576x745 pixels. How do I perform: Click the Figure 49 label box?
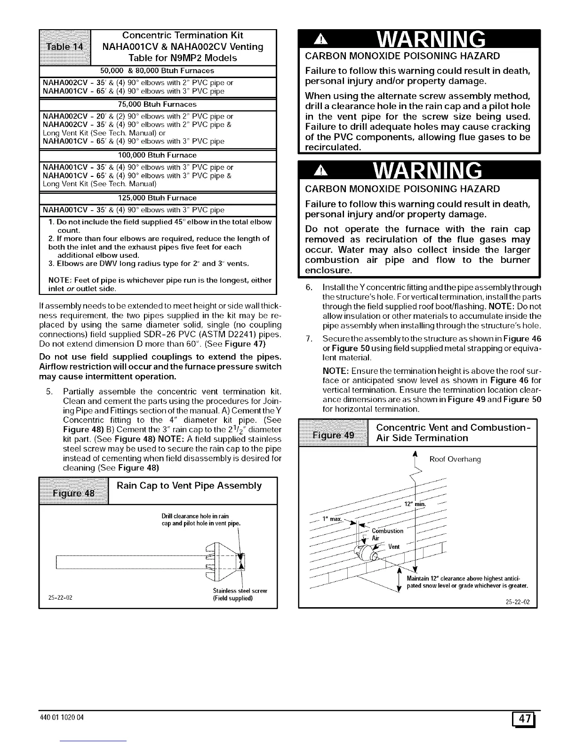[x=334, y=433]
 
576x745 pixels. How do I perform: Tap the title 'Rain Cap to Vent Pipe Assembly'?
[x=189, y=486]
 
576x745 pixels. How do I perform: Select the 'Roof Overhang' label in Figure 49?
[x=455, y=460]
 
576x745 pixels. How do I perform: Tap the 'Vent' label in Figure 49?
[x=394, y=547]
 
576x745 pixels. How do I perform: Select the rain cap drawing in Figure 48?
[x=226, y=560]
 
